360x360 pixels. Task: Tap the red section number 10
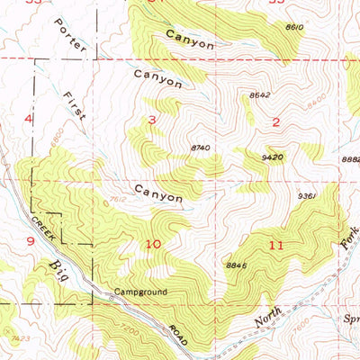coord(154,244)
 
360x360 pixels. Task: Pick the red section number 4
coord(29,119)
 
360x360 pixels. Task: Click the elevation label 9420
coord(274,155)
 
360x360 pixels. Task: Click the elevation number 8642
coord(259,94)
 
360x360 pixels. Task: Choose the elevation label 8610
coord(320,28)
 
